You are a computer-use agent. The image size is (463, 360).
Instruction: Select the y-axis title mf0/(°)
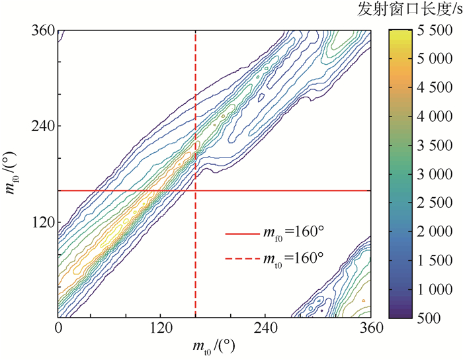point(11,174)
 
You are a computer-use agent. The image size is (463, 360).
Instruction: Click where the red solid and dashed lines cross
point(196,191)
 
